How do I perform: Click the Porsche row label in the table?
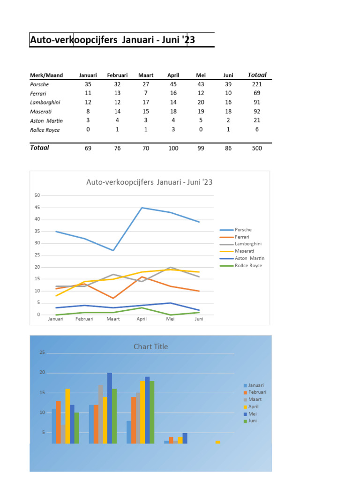pos(39,84)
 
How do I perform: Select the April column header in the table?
pos(173,75)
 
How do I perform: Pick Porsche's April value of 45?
pos(173,84)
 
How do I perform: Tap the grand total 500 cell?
pos(256,148)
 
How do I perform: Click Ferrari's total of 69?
pos(256,93)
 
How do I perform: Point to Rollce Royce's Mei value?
pos(201,129)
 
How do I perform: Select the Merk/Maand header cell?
pos(46,75)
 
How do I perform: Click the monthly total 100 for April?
pos(173,148)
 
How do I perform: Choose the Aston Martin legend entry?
pos(249,258)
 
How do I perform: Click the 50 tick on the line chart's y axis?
pos(37,195)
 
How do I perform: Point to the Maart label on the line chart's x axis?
pos(113,319)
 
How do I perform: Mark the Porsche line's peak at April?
pos(142,208)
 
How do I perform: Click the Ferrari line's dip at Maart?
pos(113,298)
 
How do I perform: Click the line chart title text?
pos(150,182)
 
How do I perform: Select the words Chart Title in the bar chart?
pos(150,346)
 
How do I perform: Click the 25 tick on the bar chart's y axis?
pos(42,352)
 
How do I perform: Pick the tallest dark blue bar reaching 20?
pos(110,408)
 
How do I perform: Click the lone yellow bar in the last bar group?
pos(217,442)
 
